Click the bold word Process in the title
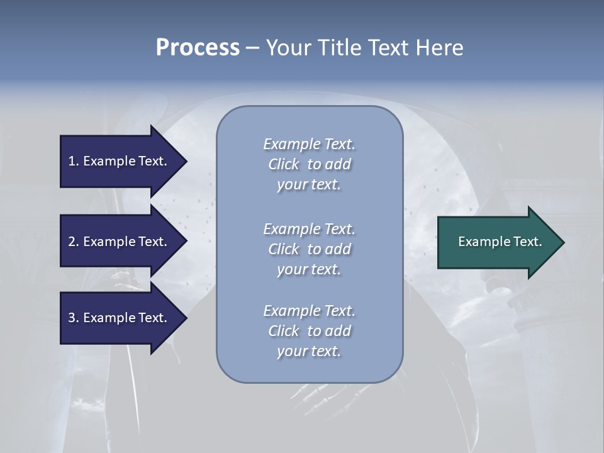198,48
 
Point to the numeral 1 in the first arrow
72,161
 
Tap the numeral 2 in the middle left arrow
72,242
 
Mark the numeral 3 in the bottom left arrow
72,318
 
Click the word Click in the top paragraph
284,164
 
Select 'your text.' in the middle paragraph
309,269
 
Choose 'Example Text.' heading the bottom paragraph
309,311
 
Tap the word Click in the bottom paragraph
284,331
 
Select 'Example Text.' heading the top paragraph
309,144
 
